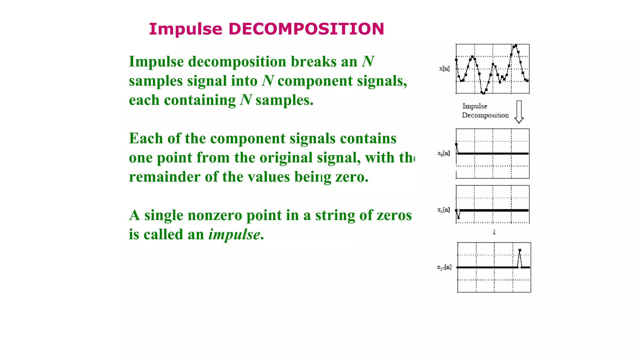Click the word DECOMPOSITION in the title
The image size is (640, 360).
(306, 29)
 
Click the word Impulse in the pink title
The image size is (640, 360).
(185, 29)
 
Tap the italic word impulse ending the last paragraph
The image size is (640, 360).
(234, 234)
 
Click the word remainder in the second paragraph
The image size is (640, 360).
(164, 177)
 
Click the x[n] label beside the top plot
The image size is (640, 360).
(444, 68)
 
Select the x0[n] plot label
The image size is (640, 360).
(443, 153)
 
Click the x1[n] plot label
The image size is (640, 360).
(443, 210)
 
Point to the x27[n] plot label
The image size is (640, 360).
(444, 267)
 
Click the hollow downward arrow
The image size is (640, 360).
(519, 112)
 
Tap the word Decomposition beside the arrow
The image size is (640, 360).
(485, 115)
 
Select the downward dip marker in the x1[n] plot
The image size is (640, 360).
(458, 217)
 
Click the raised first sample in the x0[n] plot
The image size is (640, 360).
(456, 144)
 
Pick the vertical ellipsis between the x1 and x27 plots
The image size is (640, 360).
(494, 232)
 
